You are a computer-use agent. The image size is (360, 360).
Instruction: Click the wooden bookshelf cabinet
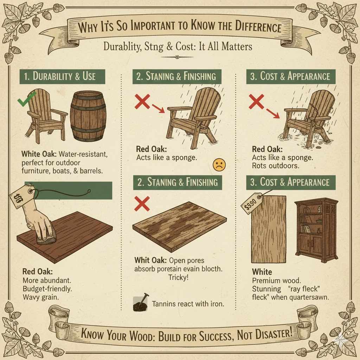tap(316, 229)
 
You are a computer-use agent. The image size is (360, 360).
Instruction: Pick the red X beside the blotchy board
tap(142, 204)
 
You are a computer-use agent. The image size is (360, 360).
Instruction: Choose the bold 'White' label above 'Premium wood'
tap(262, 272)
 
